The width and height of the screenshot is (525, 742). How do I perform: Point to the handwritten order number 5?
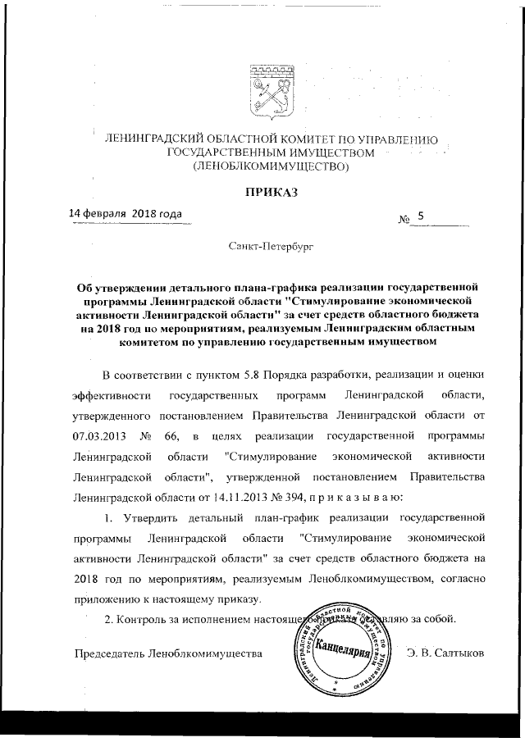click(421, 216)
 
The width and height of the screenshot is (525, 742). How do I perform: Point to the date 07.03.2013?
click(101, 434)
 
